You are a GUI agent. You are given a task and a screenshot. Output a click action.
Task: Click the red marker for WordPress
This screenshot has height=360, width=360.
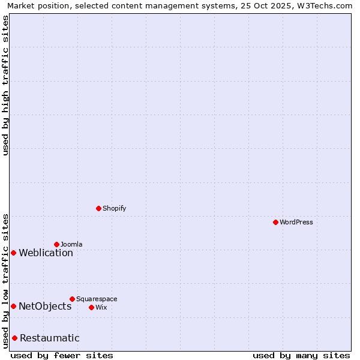[275, 222]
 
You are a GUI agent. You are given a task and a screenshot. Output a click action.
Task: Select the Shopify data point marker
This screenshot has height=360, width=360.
[98, 208]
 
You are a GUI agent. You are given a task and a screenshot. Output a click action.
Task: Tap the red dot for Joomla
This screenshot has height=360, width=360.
[56, 244]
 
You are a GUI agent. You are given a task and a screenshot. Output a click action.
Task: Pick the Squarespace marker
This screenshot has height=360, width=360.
[72, 299]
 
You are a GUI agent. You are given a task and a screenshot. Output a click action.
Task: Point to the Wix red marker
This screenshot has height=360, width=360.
[91, 307]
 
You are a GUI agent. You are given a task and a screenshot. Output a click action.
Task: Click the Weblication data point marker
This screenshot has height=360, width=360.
[13, 253]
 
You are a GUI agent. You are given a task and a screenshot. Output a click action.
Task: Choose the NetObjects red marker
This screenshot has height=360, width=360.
[13, 306]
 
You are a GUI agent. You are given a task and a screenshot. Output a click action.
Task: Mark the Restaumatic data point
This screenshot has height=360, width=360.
[14, 338]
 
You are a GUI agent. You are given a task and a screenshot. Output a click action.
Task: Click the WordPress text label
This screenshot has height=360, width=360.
[296, 222]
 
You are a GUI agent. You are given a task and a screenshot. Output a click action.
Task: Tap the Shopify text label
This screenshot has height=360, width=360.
[114, 208]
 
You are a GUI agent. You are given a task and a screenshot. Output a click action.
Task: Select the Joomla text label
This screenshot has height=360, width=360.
[71, 244]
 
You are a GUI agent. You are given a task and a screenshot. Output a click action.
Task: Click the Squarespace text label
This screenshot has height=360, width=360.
[97, 299]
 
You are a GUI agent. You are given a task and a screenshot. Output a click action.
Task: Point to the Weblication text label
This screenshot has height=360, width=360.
[46, 253]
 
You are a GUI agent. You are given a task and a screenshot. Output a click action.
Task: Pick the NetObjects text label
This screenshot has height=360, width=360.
[45, 306]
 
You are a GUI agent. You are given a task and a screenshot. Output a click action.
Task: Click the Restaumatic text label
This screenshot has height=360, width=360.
[49, 338]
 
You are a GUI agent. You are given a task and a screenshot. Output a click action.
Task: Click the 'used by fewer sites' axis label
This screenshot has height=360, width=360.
[62, 355]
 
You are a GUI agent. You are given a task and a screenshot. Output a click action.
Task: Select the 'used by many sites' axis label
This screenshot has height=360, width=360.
[301, 355]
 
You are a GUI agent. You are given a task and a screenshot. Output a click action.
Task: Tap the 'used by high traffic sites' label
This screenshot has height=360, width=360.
[5, 85]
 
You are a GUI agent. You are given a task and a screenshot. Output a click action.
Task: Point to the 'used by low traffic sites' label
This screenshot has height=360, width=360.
[5, 280]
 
